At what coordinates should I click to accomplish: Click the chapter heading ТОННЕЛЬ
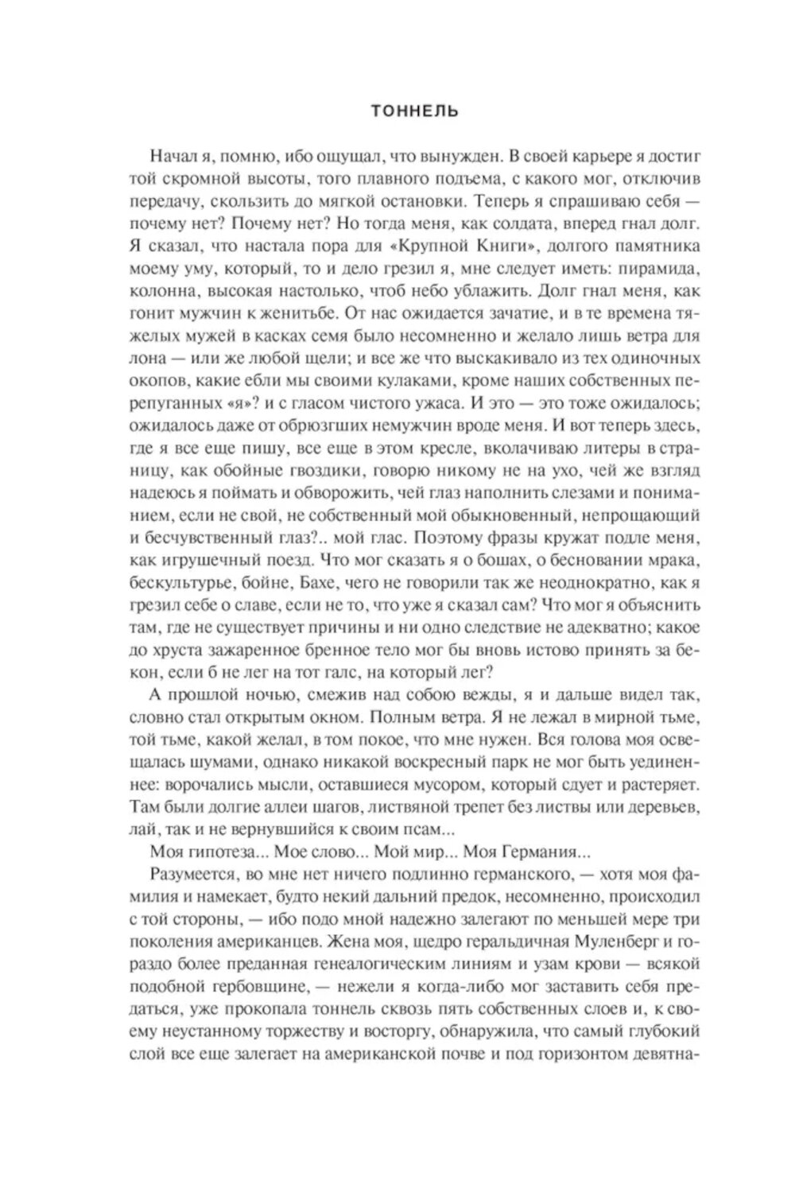414,111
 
